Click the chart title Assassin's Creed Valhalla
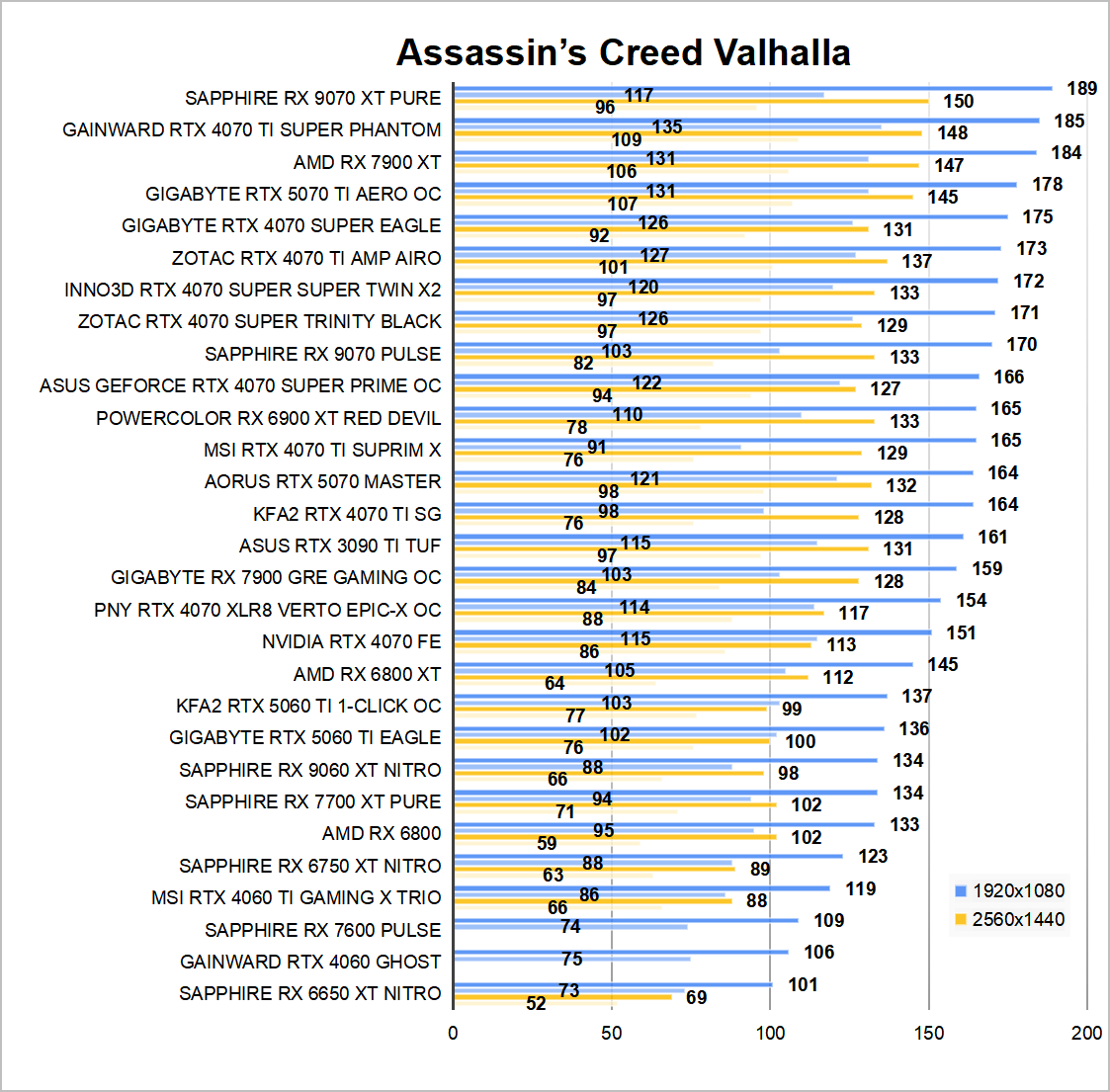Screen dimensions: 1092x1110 point(623,52)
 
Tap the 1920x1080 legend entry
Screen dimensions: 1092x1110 point(1008,890)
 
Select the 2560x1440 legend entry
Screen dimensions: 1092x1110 point(1008,919)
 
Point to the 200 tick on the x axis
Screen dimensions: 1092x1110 point(1086,1033)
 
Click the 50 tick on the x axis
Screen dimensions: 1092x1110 point(612,1033)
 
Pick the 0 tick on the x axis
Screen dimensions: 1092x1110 point(453,1033)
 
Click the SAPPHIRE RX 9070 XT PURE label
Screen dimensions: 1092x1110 point(312,98)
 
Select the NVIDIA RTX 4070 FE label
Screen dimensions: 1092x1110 point(351,641)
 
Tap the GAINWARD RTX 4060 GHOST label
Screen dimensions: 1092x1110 point(310,962)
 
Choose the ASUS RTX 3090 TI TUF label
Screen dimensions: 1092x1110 point(339,546)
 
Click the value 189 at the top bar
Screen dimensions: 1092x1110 point(1082,88)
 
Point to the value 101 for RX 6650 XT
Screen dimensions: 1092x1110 point(803,984)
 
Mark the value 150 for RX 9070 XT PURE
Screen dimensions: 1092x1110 point(958,101)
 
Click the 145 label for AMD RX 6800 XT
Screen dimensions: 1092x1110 point(943,664)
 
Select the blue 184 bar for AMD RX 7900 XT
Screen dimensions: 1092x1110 point(741,152)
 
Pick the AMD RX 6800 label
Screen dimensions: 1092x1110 point(382,833)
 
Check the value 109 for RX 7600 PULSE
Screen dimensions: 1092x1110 point(828,920)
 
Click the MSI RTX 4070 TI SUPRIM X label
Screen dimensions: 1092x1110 point(322,450)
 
